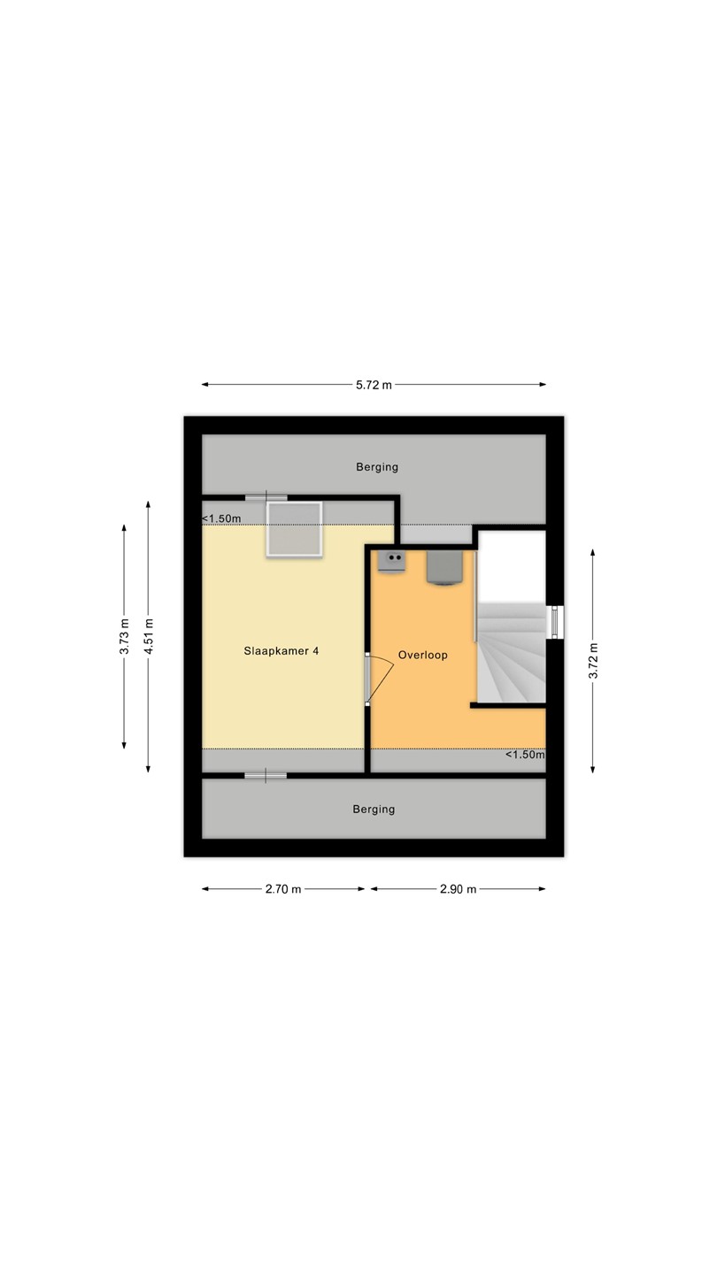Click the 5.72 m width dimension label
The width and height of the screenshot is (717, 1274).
pos(374,385)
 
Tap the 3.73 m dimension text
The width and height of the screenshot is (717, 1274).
pos(125,636)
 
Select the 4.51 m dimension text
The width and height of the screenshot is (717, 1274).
pos(149,636)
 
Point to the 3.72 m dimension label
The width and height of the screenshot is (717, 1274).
pos(593,660)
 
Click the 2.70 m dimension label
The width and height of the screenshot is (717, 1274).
pos(283,889)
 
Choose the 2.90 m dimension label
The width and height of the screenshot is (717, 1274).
pos(459,889)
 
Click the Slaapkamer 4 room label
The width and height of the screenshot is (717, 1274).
pos(281,650)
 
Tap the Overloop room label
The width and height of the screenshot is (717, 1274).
pos(423,655)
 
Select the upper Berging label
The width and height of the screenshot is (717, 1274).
pos(377,467)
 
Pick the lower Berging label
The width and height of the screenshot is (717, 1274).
pos(374,809)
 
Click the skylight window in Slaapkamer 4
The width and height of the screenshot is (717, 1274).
pos(295,529)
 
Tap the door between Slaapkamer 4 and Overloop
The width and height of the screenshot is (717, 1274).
pos(379,679)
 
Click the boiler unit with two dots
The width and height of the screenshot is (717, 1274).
pos(392,562)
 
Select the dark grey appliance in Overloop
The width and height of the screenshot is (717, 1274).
pos(443,567)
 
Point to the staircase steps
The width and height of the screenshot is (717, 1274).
pos(511,652)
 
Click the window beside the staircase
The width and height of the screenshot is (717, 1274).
pos(555,622)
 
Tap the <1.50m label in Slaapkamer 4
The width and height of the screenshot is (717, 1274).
pos(221,518)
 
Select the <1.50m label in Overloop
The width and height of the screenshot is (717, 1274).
pos(525,755)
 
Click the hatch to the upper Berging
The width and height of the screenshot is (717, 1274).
pos(266,498)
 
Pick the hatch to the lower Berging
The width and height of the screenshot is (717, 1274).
pos(266,775)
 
